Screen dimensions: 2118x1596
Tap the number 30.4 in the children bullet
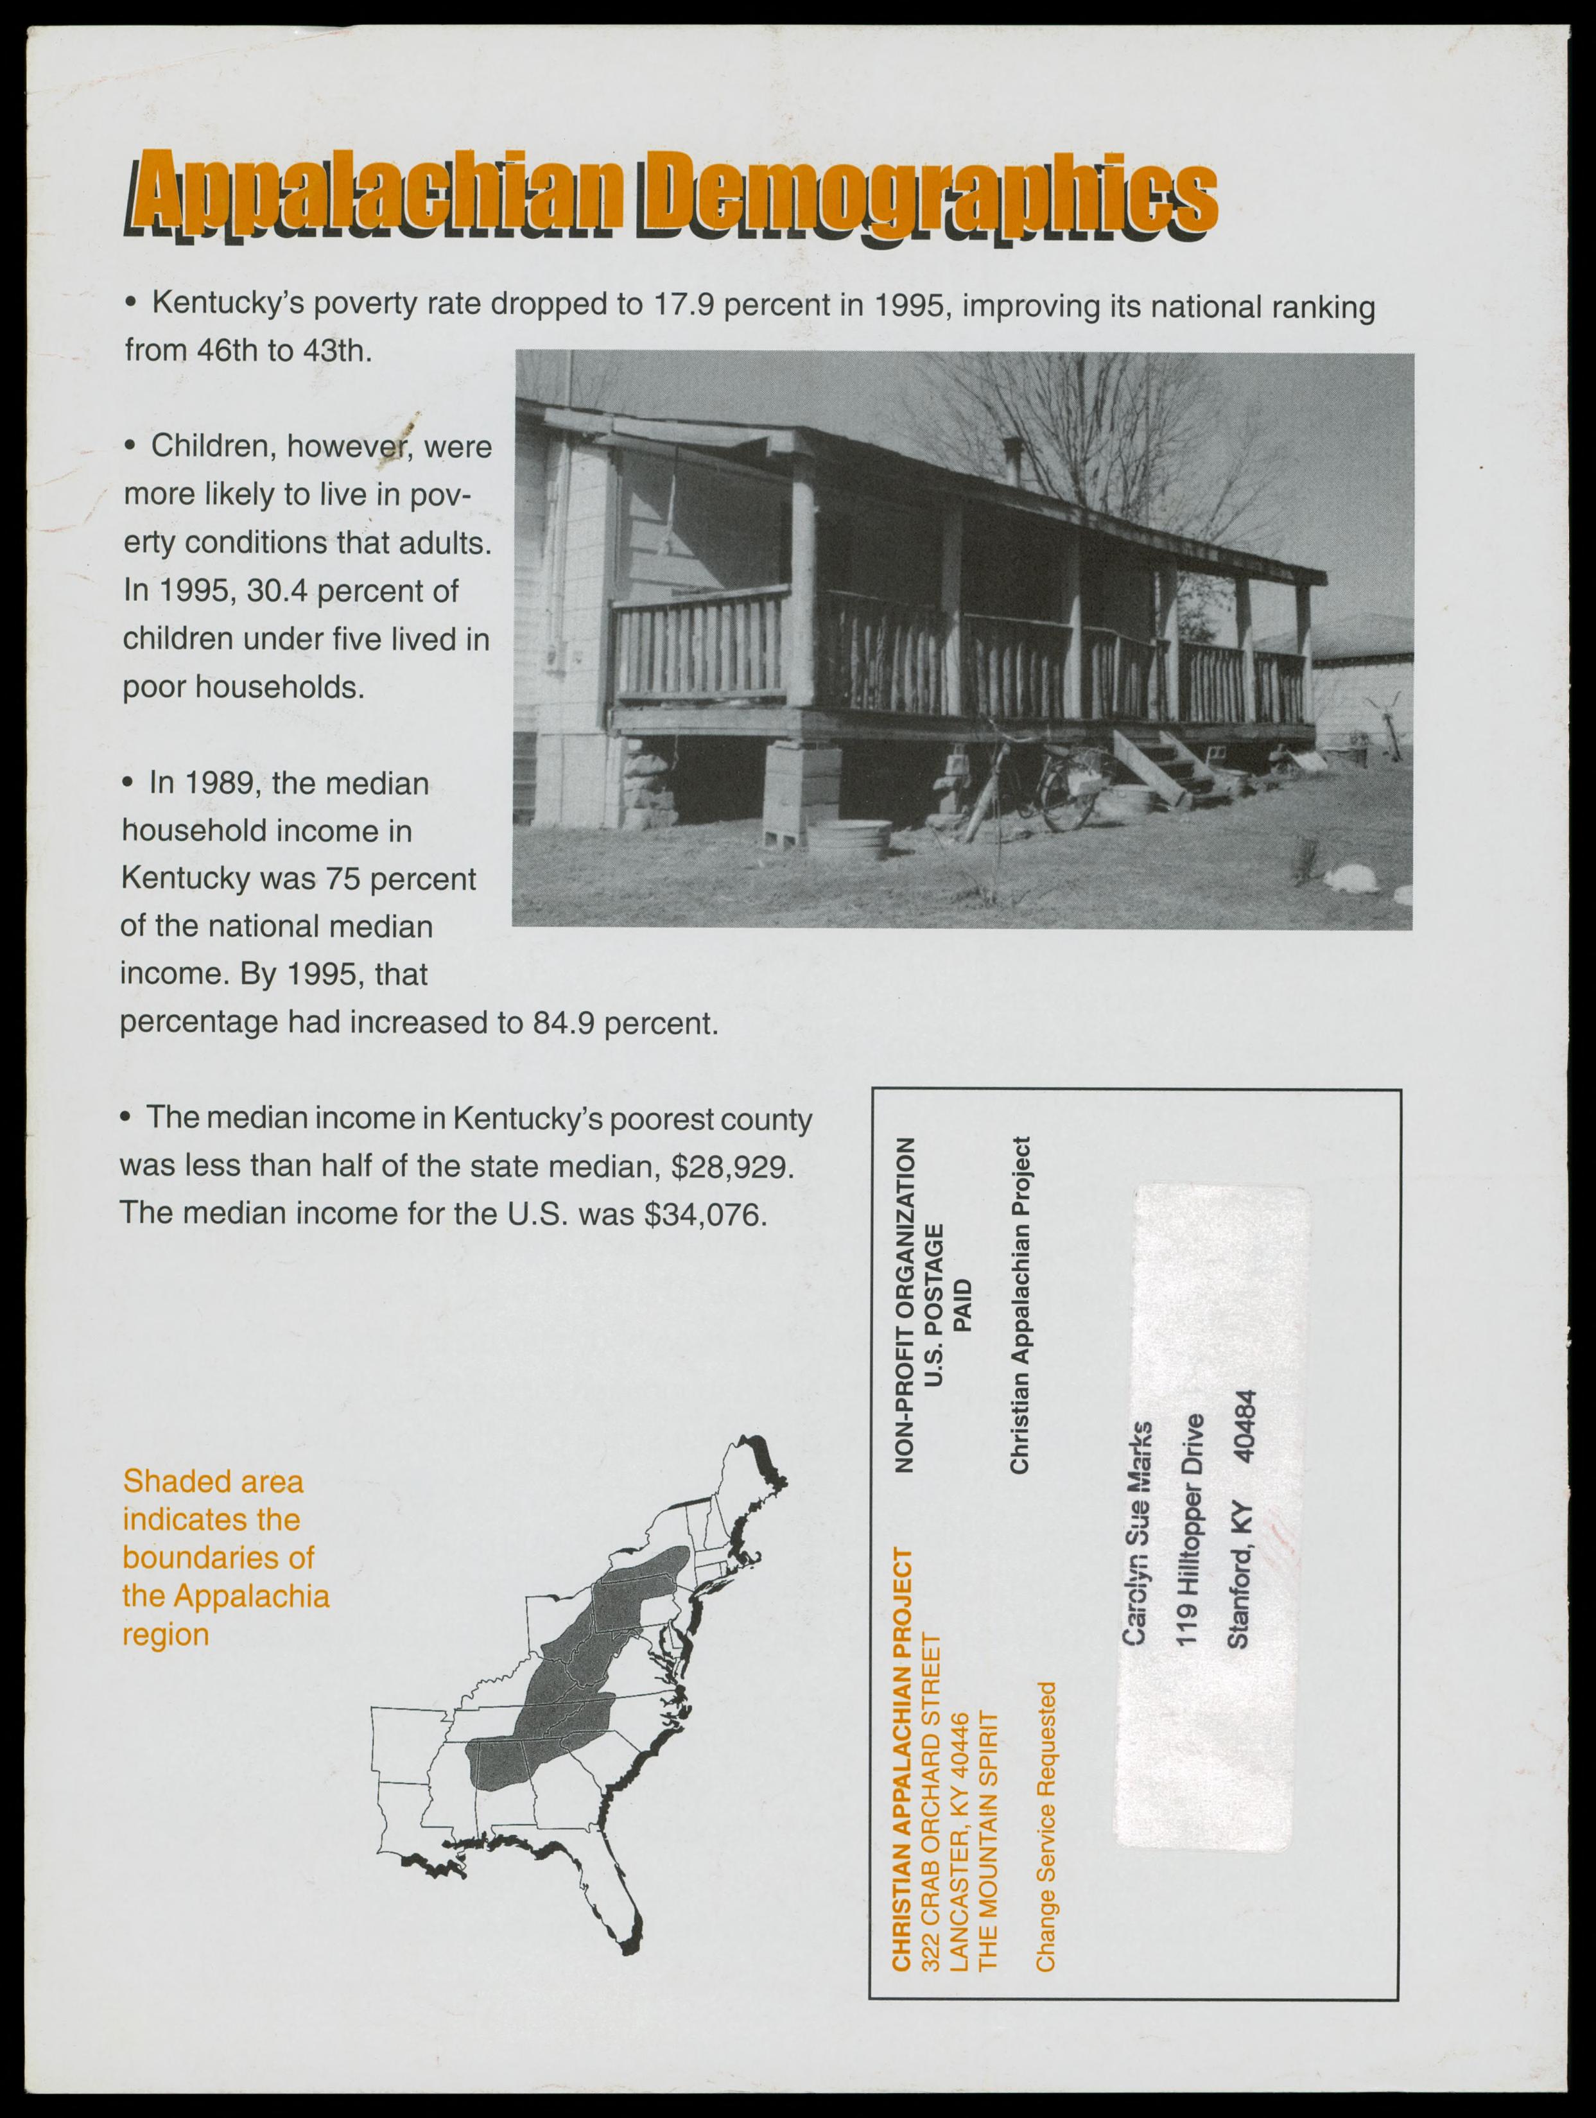[x=277, y=591]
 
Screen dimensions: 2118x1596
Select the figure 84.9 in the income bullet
[x=563, y=1023]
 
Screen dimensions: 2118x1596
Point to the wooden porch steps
[x=1154, y=766]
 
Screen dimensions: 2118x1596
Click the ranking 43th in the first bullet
[x=334, y=351]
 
